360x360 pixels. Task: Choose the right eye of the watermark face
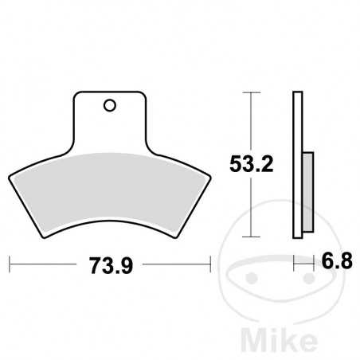(305, 278)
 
